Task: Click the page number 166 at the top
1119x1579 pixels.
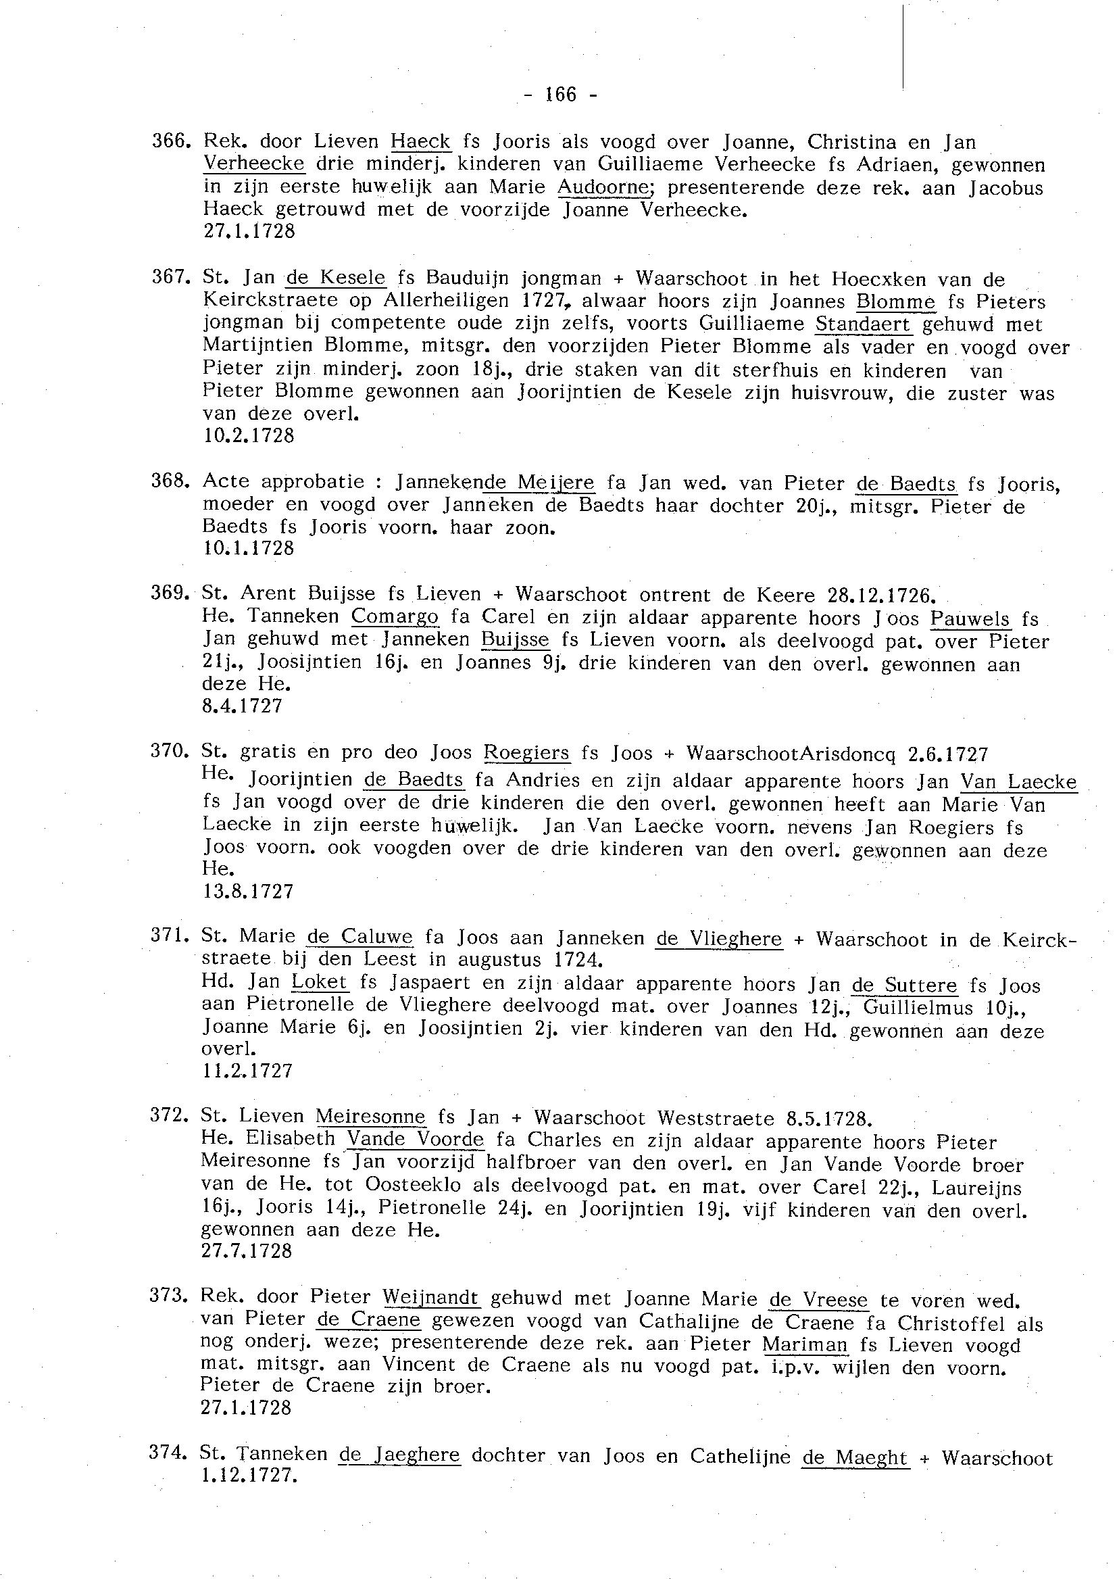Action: (x=560, y=95)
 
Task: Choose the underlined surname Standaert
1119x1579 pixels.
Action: (x=863, y=324)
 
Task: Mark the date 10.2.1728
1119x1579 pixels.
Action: (x=249, y=435)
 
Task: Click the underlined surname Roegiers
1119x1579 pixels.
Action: (x=527, y=752)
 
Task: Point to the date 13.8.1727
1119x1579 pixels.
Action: (x=248, y=891)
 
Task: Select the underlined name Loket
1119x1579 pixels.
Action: (x=320, y=983)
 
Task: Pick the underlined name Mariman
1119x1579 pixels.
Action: (x=805, y=1344)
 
